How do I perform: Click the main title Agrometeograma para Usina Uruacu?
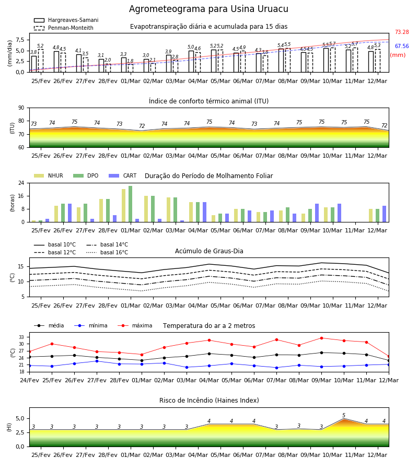point(208,9)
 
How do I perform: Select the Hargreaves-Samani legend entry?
point(66,20)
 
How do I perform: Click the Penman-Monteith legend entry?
point(64,28)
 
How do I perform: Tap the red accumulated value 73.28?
point(402,32)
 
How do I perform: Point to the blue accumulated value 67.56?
point(402,46)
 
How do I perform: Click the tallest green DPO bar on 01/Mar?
point(131,204)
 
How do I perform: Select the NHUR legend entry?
point(49,175)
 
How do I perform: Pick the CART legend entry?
point(123,175)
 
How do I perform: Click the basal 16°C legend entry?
point(107,252)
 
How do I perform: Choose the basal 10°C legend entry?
point(55,244)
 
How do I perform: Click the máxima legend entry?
point(135,325)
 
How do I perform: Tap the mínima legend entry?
point(91,325)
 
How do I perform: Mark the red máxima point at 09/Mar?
point(321,338)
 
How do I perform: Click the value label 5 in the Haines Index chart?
point(344,416)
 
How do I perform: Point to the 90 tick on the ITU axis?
point(21,108)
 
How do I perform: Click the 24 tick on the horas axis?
point(21,183)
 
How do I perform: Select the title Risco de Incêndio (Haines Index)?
point(209,401)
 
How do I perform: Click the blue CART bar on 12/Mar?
point(385,214)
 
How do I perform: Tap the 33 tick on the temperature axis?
point(21,337)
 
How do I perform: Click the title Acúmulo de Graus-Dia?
point(209,251)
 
